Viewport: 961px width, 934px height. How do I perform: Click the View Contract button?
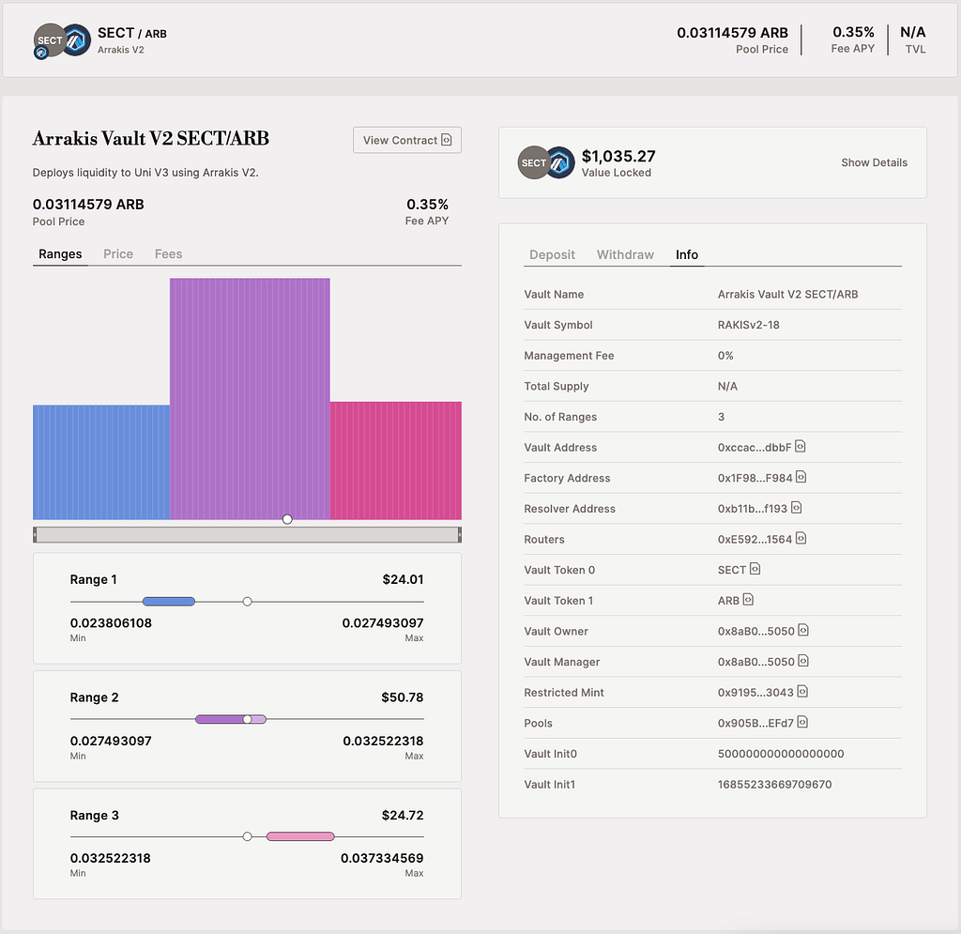coord(407,141)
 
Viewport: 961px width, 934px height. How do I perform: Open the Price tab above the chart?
coord(118,253)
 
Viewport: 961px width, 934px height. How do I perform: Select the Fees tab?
coord(169,253)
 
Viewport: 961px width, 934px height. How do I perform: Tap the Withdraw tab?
coord(625,254)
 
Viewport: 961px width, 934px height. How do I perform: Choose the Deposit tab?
coord(552,254)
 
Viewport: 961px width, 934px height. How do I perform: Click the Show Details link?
coord(874,162)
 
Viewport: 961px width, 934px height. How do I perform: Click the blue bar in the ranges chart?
coord(101,462)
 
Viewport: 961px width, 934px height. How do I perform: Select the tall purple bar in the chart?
coord(250,399)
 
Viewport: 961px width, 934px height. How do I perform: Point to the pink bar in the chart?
coord(396,460)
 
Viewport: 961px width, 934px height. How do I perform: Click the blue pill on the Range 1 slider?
coord(169,602)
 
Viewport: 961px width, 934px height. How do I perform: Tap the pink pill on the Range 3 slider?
coord(300,836)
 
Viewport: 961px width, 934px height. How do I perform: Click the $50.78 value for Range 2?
coord(402,697)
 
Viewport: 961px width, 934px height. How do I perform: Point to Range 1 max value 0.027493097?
coord(383,623)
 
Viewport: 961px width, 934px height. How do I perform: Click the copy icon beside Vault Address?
coord(801,446)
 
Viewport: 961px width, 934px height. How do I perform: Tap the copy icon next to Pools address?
coord(803,722)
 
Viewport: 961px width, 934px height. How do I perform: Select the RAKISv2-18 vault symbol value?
coord(748,325)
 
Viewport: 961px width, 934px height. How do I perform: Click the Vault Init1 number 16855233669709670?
coord(774,785)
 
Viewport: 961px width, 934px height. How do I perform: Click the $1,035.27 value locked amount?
coord(618,156)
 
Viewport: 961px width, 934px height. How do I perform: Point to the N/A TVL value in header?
coord(912,32)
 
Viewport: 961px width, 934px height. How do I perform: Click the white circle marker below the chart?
coord(287,519)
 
